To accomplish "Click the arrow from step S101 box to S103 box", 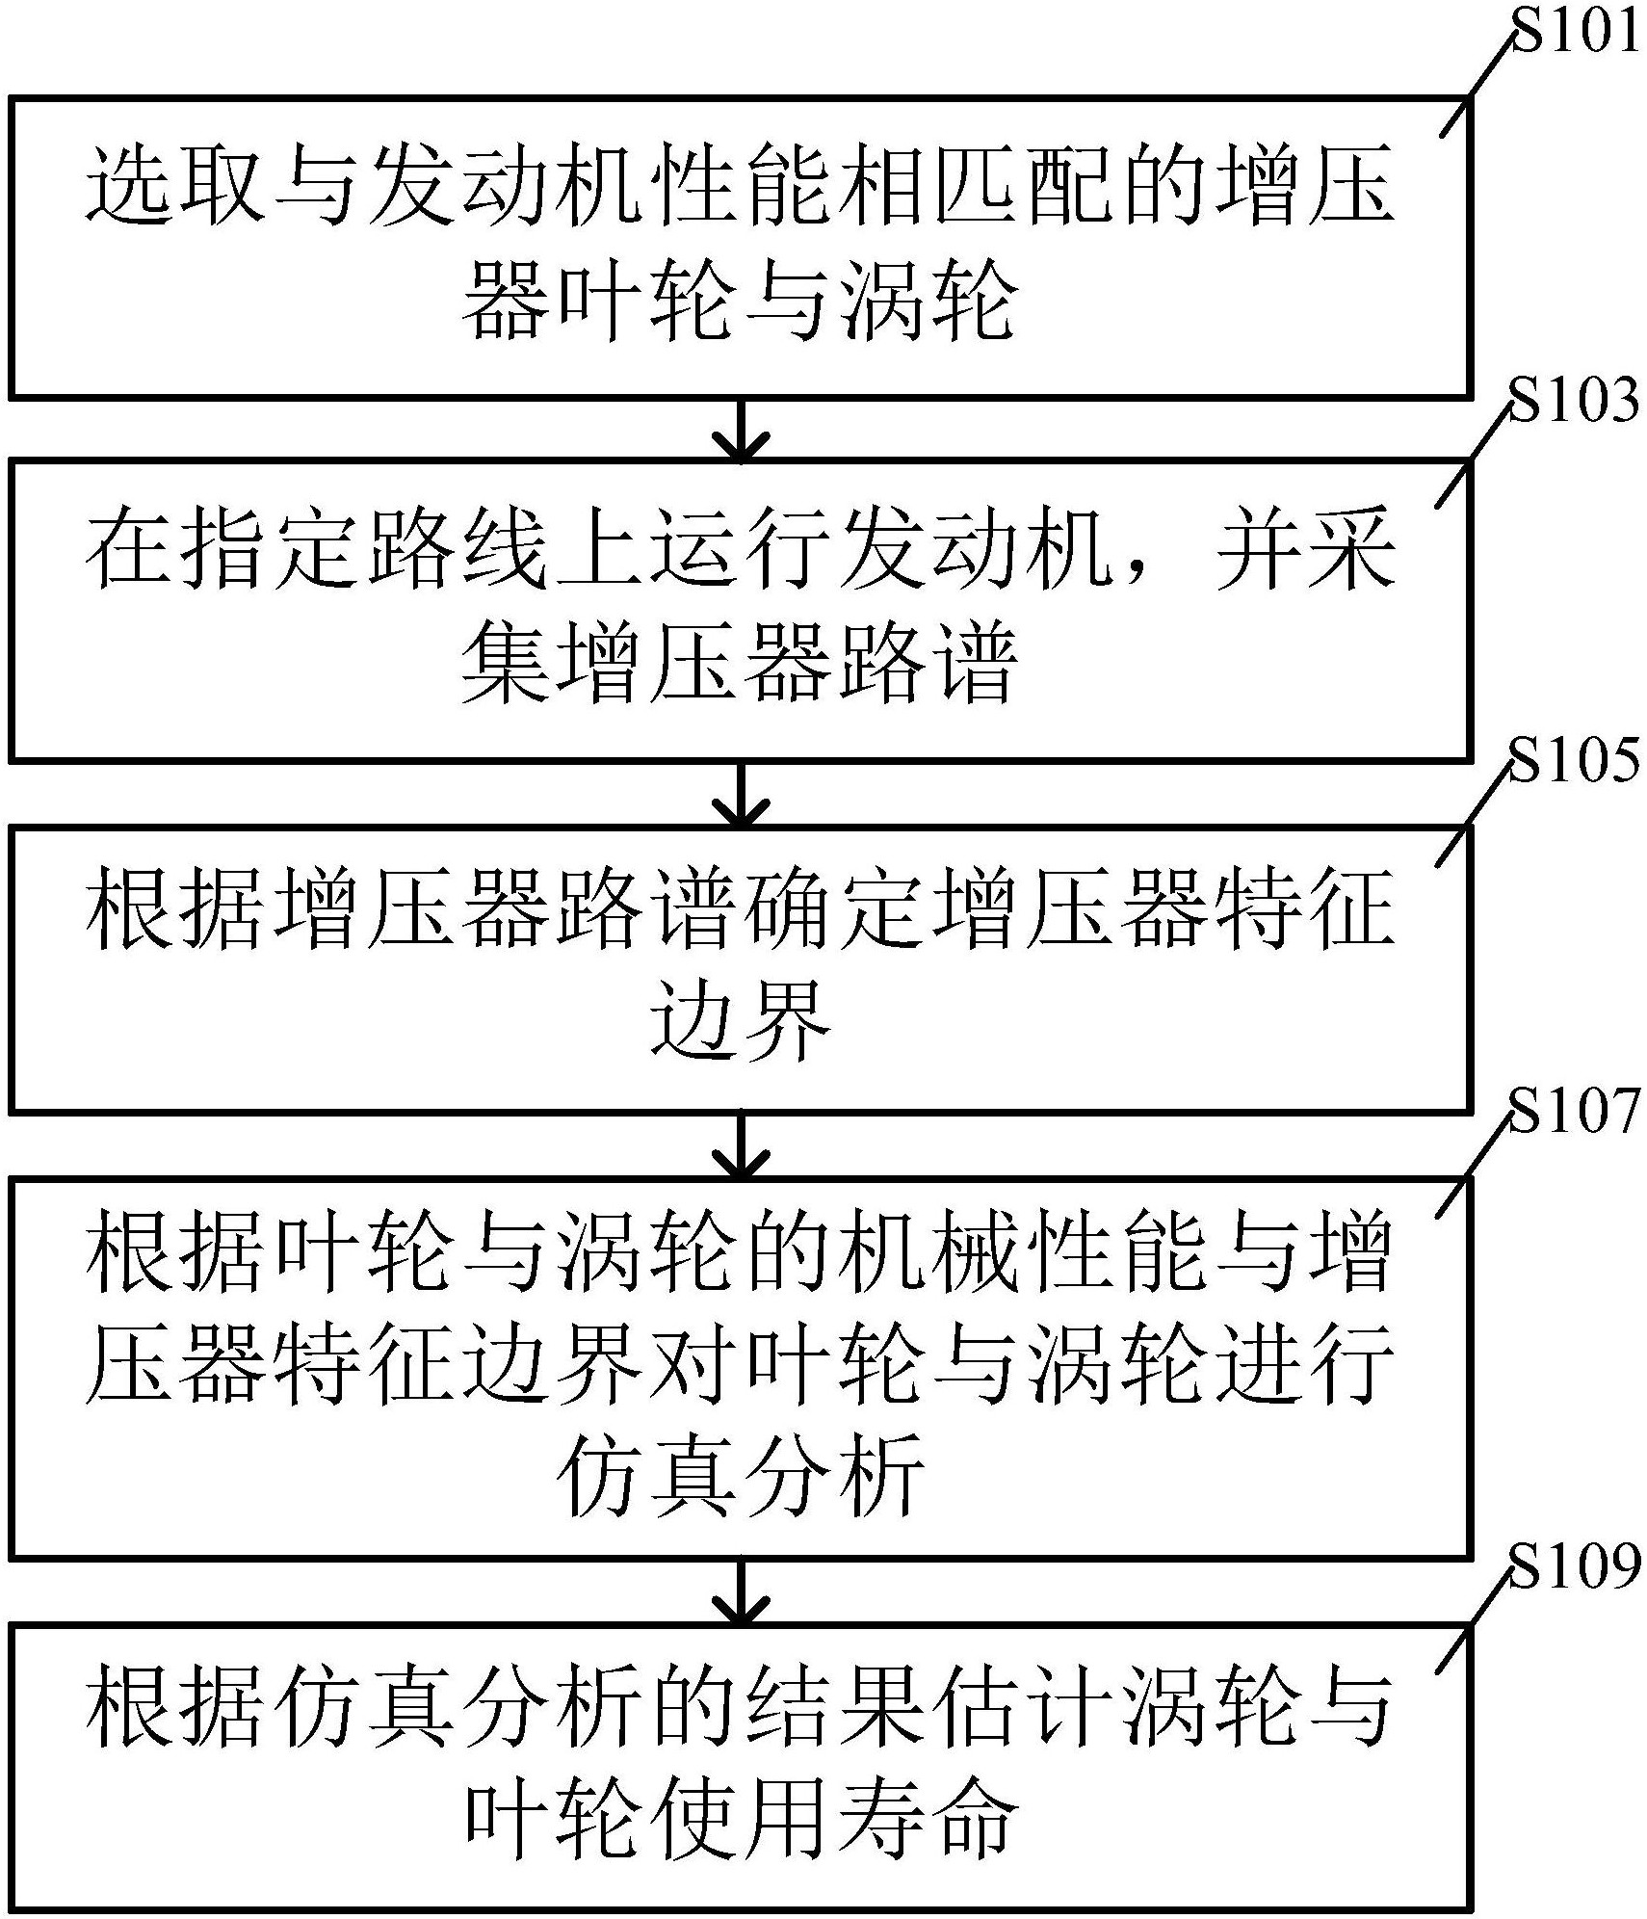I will pos(740,430).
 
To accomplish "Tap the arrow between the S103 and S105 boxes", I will pos(740,794).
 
